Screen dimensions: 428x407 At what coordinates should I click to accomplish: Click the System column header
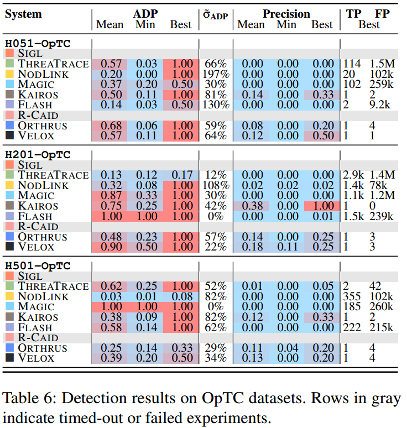coord(23,14)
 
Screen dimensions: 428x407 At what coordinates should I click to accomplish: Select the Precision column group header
coord(286,14)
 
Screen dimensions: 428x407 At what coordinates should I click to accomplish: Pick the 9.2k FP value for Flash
coord(380,105)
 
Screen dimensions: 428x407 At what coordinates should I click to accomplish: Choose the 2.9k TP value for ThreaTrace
coord(353,175)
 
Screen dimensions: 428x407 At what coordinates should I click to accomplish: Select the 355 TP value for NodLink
coord(352,296)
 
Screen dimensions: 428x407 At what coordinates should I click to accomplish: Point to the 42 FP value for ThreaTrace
coord(376,286)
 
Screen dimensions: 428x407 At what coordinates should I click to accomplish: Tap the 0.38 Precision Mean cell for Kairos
coord(251,206)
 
